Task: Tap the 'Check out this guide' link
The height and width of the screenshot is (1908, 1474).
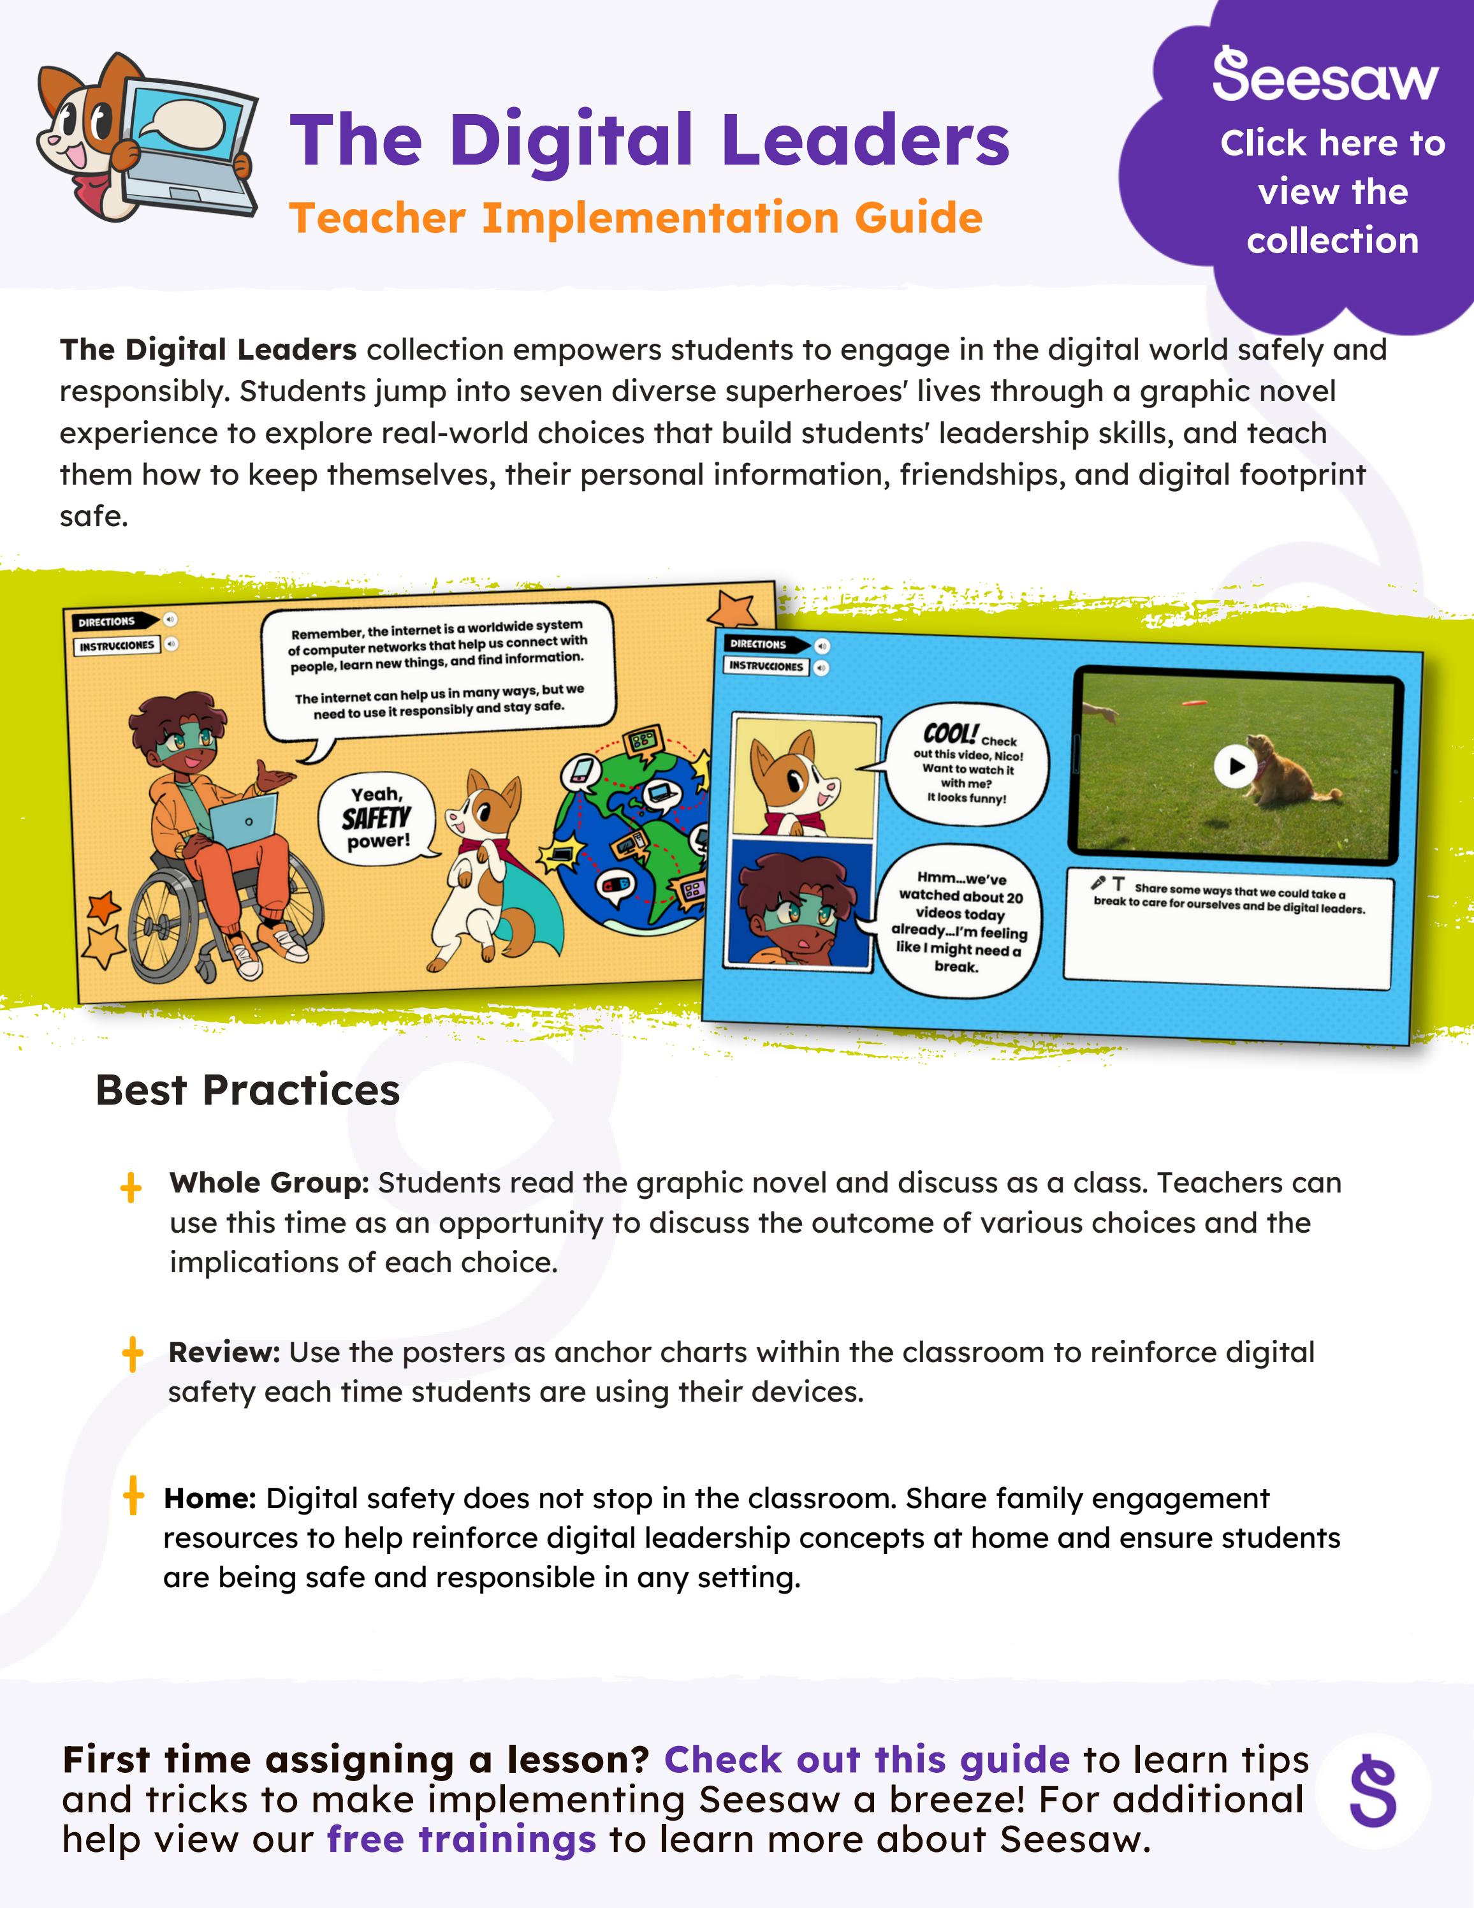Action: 866,1759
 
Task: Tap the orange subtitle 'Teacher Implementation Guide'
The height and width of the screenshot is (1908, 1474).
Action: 636,217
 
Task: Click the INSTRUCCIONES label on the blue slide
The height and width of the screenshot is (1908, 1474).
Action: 766,666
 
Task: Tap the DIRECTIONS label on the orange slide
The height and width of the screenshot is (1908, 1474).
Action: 108,622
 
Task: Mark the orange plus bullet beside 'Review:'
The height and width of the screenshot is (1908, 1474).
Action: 133,1354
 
